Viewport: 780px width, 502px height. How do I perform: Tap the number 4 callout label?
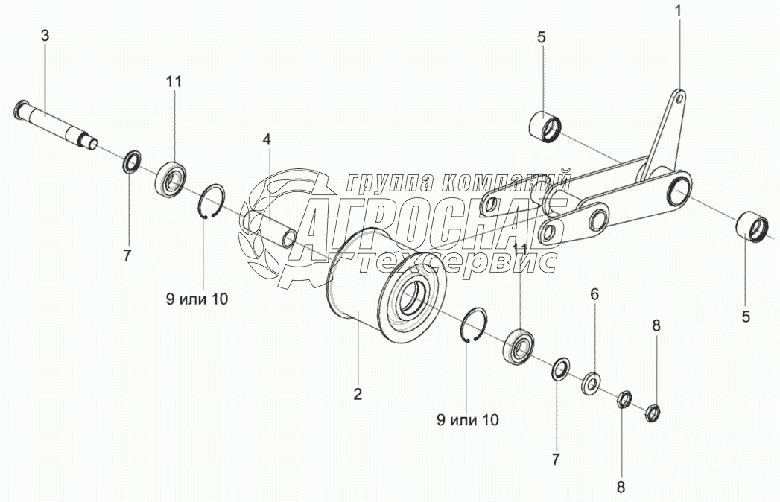coord(266,139)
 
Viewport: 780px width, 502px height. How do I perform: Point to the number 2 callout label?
coord(358,394)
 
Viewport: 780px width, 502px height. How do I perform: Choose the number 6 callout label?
coord(594,294)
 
